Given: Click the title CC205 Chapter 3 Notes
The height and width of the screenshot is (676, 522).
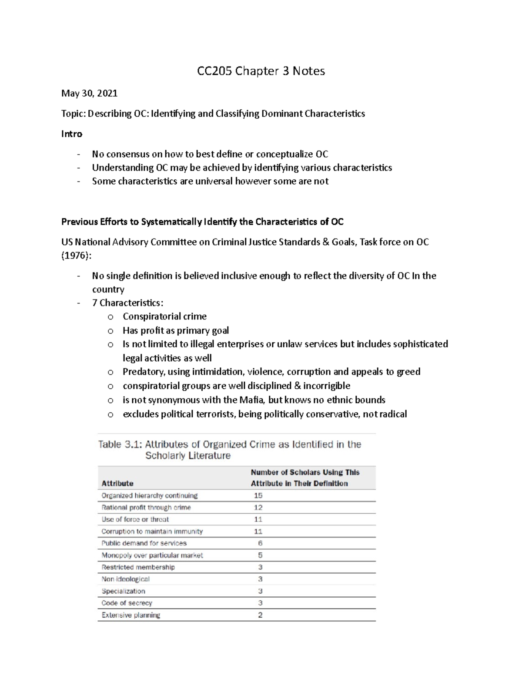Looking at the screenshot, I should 261,71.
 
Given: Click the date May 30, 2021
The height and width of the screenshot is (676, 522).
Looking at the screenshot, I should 89,93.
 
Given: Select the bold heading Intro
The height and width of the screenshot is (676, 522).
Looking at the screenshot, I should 72,134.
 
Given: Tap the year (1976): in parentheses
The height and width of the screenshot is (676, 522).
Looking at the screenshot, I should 77,256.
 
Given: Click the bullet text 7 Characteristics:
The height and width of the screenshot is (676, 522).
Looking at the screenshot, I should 128,303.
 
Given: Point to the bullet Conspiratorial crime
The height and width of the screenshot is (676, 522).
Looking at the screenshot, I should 164,316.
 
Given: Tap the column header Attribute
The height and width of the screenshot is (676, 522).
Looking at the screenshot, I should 117,483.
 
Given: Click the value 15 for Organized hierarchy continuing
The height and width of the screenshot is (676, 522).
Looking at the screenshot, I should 258,495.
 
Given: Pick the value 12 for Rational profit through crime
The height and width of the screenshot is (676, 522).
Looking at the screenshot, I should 258,508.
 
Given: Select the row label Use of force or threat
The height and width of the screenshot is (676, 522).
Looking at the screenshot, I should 135,519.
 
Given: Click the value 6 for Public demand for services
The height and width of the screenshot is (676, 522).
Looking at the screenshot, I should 260,543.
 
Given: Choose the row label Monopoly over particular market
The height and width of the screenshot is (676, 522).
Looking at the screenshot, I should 152,555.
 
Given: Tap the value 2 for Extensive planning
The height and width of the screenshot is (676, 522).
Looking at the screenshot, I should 260,615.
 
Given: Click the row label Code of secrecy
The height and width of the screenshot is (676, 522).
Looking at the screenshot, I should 127,603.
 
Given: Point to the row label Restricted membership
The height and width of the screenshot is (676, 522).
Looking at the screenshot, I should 138,567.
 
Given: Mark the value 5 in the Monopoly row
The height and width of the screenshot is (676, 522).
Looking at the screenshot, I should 260,555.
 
